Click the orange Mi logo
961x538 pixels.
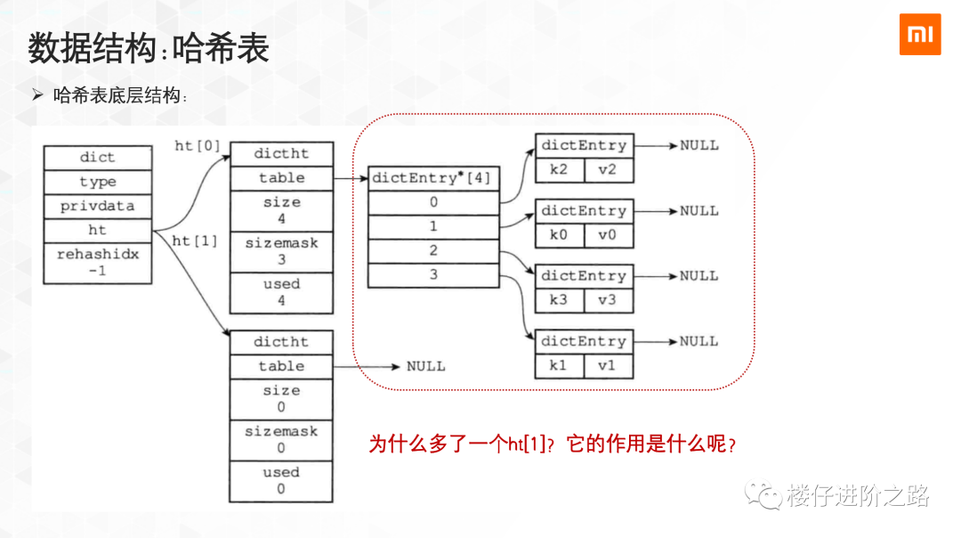click(x=920, y=34)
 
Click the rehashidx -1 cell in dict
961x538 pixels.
click(x=97, y=263)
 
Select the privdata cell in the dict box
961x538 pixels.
click(x=97, y=206)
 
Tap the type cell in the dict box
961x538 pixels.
click(x=97, y=182)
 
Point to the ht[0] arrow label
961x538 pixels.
click(x=197, y=146)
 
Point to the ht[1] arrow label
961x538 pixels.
click(x=194, y=240)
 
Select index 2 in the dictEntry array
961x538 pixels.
click(x=433, y=251)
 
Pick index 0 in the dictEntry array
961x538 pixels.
click(x=433, y=202)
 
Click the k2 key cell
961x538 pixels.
click(x=559, y=168)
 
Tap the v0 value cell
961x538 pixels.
click(x=607, y=234)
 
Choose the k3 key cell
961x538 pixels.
click(x=559, y=299)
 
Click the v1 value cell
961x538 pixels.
click(x=607, y=365)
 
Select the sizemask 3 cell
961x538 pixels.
click(x=281, y=251)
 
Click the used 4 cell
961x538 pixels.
click(x=281, y=292)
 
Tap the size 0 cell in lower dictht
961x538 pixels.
click(x=281, y=398)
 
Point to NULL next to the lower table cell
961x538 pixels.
click(x=426, y=366)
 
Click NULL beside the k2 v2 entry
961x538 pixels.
click(x=699, y=145)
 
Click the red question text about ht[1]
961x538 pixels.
click(x=553, y=444)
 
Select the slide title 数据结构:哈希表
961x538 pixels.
click(x=149, y=49)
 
